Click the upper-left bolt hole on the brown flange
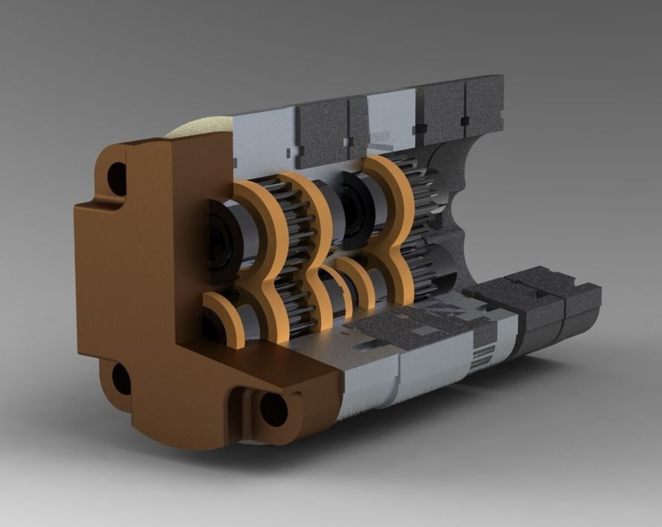point(117,178)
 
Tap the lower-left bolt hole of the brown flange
point(121,379)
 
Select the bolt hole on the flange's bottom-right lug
point(273,408)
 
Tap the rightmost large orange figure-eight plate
point(394,223)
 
